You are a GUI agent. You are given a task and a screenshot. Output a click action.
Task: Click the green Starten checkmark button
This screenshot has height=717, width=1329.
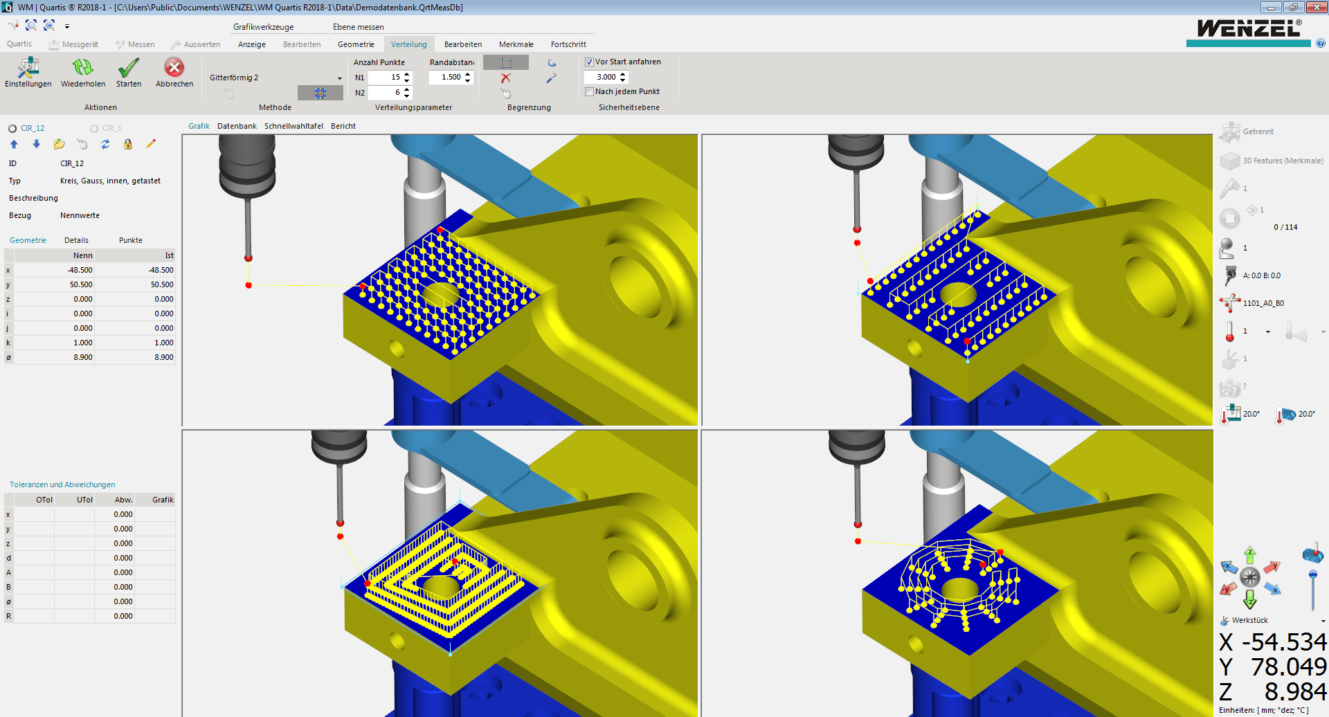click(129, 72)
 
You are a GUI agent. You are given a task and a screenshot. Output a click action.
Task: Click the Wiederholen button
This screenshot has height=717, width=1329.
click(83, 72)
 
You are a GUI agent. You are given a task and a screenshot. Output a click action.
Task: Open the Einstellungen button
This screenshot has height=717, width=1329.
click(28, 72)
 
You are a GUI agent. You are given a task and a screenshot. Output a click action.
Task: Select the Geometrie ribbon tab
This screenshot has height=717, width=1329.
click(356, 44)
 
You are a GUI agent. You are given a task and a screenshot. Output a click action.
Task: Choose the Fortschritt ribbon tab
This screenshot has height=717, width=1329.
click(568, 44)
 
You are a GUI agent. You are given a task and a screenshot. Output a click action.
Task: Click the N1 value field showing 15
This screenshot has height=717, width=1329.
click(386, 78)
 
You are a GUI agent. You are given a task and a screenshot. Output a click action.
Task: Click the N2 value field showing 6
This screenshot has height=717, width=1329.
click(386, 93)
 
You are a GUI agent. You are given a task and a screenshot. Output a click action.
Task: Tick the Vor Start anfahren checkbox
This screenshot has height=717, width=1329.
click(590, 62)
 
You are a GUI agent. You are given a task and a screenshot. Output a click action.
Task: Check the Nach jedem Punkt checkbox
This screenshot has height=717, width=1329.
click(590, 92)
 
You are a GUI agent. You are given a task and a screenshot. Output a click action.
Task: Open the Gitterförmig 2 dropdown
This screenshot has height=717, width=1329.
click(340, 78)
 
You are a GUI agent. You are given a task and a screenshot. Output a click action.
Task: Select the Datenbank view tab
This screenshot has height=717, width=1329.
click(237, 126)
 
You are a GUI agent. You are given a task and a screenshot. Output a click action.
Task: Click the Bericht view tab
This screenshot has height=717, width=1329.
click(343, 126)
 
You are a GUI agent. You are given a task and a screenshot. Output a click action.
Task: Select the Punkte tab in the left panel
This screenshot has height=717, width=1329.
click(131, 240)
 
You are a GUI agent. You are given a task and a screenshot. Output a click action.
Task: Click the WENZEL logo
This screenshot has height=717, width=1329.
click(1249, 29)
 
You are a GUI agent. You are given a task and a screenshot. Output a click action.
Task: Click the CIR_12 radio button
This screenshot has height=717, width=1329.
click(12, 129)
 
